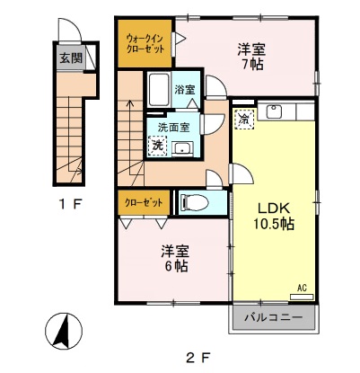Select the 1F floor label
point(68,205)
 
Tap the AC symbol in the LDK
point(303,289)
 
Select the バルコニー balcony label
point(276,318)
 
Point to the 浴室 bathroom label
point(184,90)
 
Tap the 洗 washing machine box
point(157,145)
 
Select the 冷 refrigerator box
point(244,118)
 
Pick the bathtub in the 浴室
point(158,90)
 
